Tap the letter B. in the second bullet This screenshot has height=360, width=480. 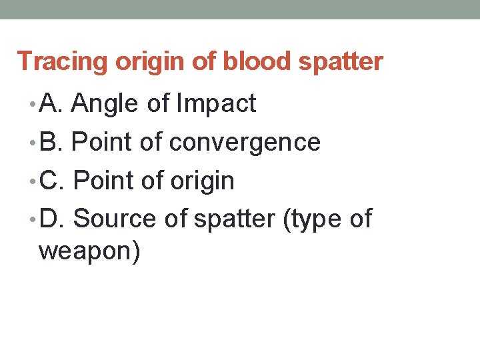(51, 142)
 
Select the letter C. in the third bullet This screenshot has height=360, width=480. (53, 180)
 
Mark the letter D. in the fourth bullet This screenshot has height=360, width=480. (53, 218)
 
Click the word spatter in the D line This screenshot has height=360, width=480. (234, 219)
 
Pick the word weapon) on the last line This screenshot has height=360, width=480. (89, 253)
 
